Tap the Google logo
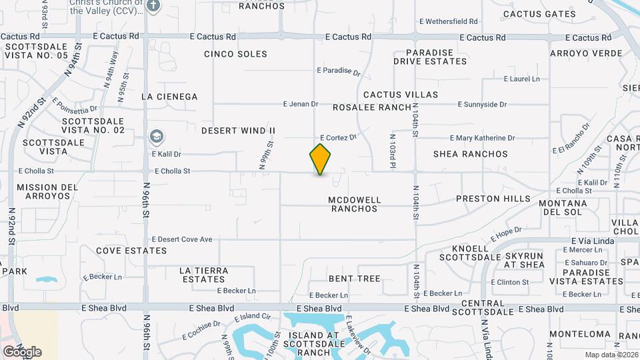(22, 351)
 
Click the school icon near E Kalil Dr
(156, 137)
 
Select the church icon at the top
(154, 6)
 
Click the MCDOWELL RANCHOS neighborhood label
(354, 204)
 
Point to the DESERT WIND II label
(238, 131)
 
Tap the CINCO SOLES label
(235, 54)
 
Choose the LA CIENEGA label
(169, 97)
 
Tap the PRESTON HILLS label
(493, 199)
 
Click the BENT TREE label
(354, 279)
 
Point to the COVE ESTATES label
(131, 251)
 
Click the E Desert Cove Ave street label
(182, 239)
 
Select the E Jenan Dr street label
(301, 104)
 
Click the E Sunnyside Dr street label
(483, 105)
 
